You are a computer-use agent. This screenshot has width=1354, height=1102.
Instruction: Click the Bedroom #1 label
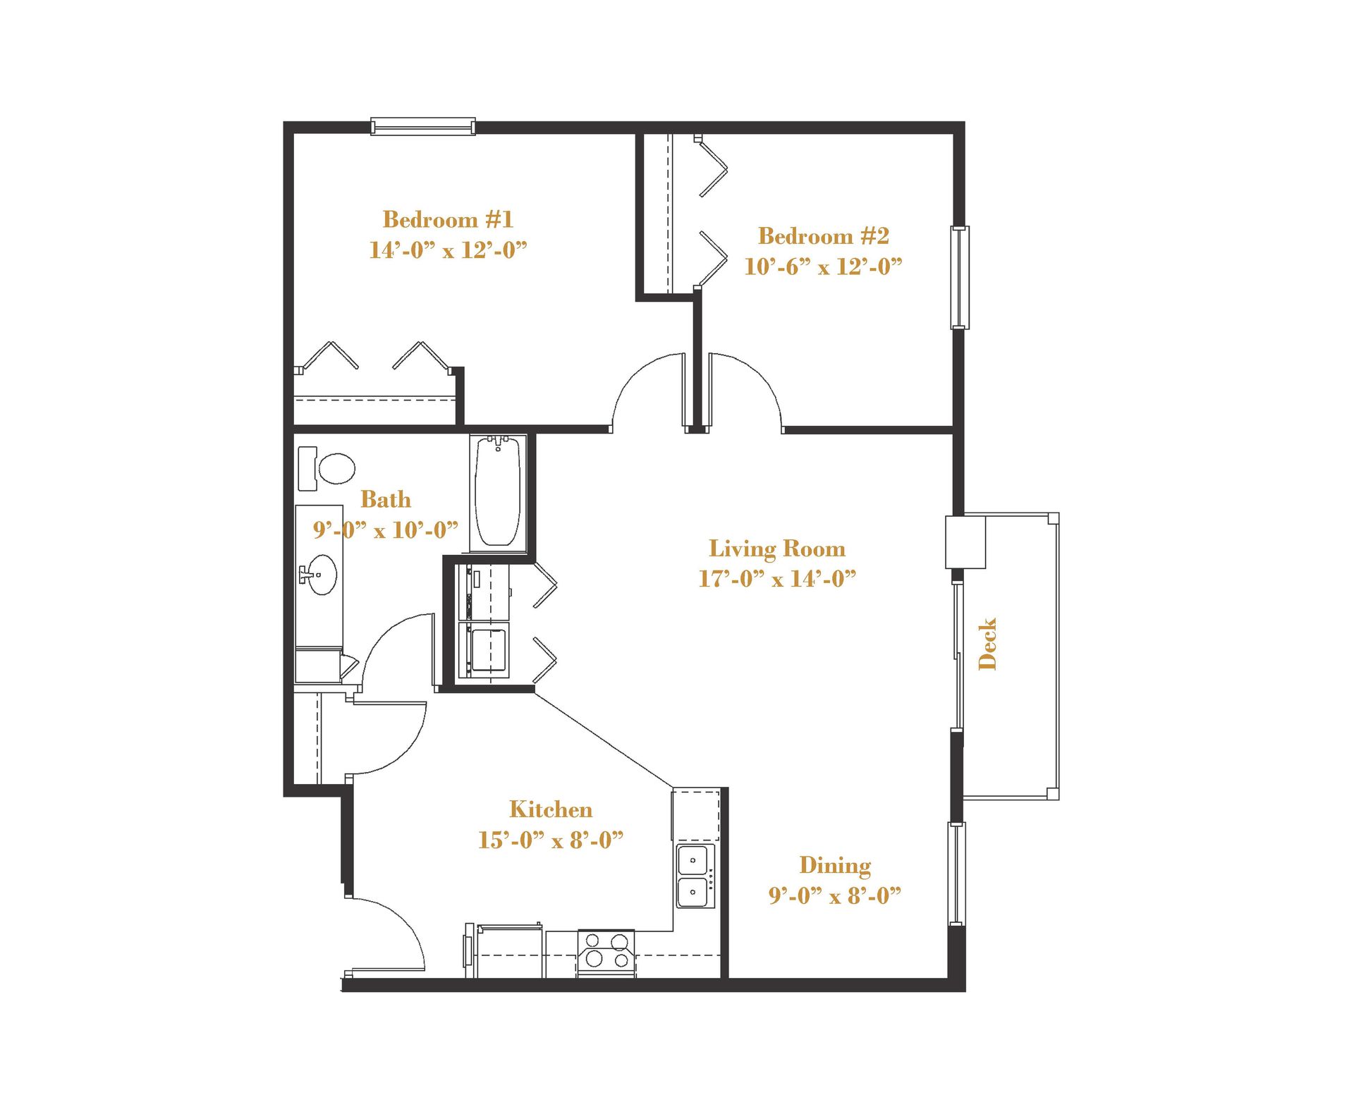click(448, 219)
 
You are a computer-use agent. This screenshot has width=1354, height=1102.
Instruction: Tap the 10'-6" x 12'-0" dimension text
click(823, 267)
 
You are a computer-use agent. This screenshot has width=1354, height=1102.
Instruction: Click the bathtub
click(498, 492)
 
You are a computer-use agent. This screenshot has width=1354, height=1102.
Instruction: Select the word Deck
click(988, 644)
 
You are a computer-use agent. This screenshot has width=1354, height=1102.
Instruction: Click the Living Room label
click(776, 549)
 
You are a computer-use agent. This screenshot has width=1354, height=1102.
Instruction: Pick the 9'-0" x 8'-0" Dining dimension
click(834, 896)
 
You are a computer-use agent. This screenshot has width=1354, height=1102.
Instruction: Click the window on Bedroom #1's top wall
click(423, 127)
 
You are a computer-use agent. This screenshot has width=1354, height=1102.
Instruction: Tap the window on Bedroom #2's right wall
click(960, 277)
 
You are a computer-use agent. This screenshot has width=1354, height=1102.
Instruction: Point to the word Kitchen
click(550, 809)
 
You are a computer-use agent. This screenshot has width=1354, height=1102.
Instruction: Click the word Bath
click(385, 499)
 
